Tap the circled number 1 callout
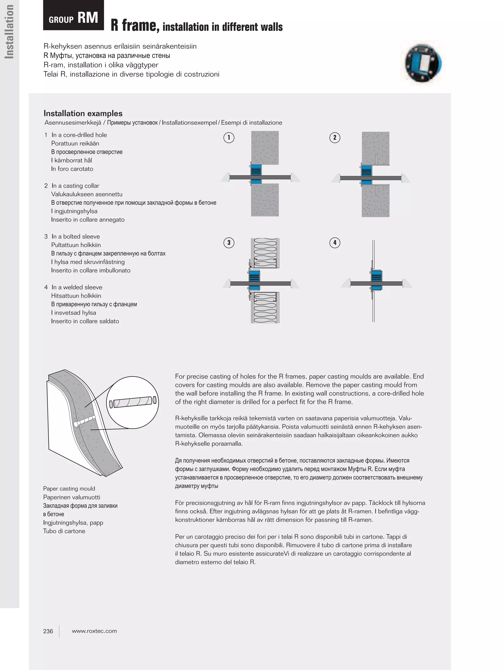[x=229, y=138]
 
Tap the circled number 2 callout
[x=334, y=138]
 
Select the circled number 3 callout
[x=229, y=242]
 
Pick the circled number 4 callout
[x=334, y=242]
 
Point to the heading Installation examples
[x=83, y=113]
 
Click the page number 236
[x=48, y=631]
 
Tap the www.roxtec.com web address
[x=94, y=631]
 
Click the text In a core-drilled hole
[x=79, y=135]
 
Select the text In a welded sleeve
[x=77, y=287]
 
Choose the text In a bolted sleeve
[x=76, y=236]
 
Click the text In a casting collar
[x=75, y=186]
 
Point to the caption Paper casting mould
[x=69, y=488]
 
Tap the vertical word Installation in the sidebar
[x=9, y=32]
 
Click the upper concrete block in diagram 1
[x=265, y=147]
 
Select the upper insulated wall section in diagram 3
[x=265, y=253]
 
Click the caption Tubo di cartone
[x=64, y=531]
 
